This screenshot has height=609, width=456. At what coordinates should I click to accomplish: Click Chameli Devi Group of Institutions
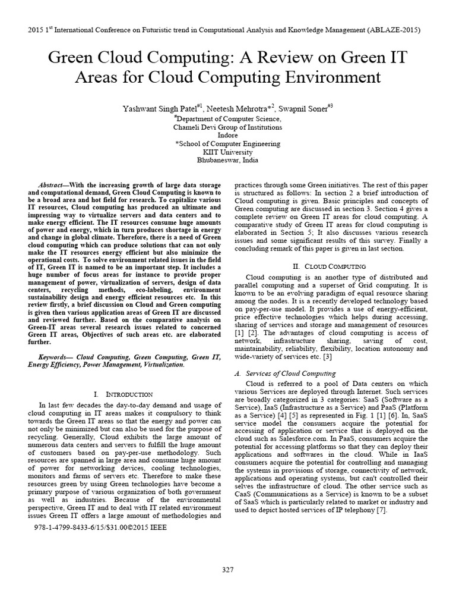(x=227, y=127)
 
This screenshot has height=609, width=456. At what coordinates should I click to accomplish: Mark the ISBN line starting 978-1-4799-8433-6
(x=101, y=527)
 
